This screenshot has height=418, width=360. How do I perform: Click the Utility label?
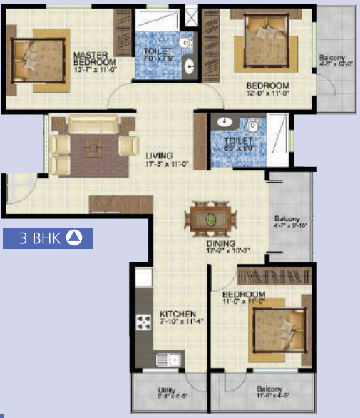(x=165, y=391)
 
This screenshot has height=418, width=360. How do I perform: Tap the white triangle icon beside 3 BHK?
(x=75, y=238)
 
